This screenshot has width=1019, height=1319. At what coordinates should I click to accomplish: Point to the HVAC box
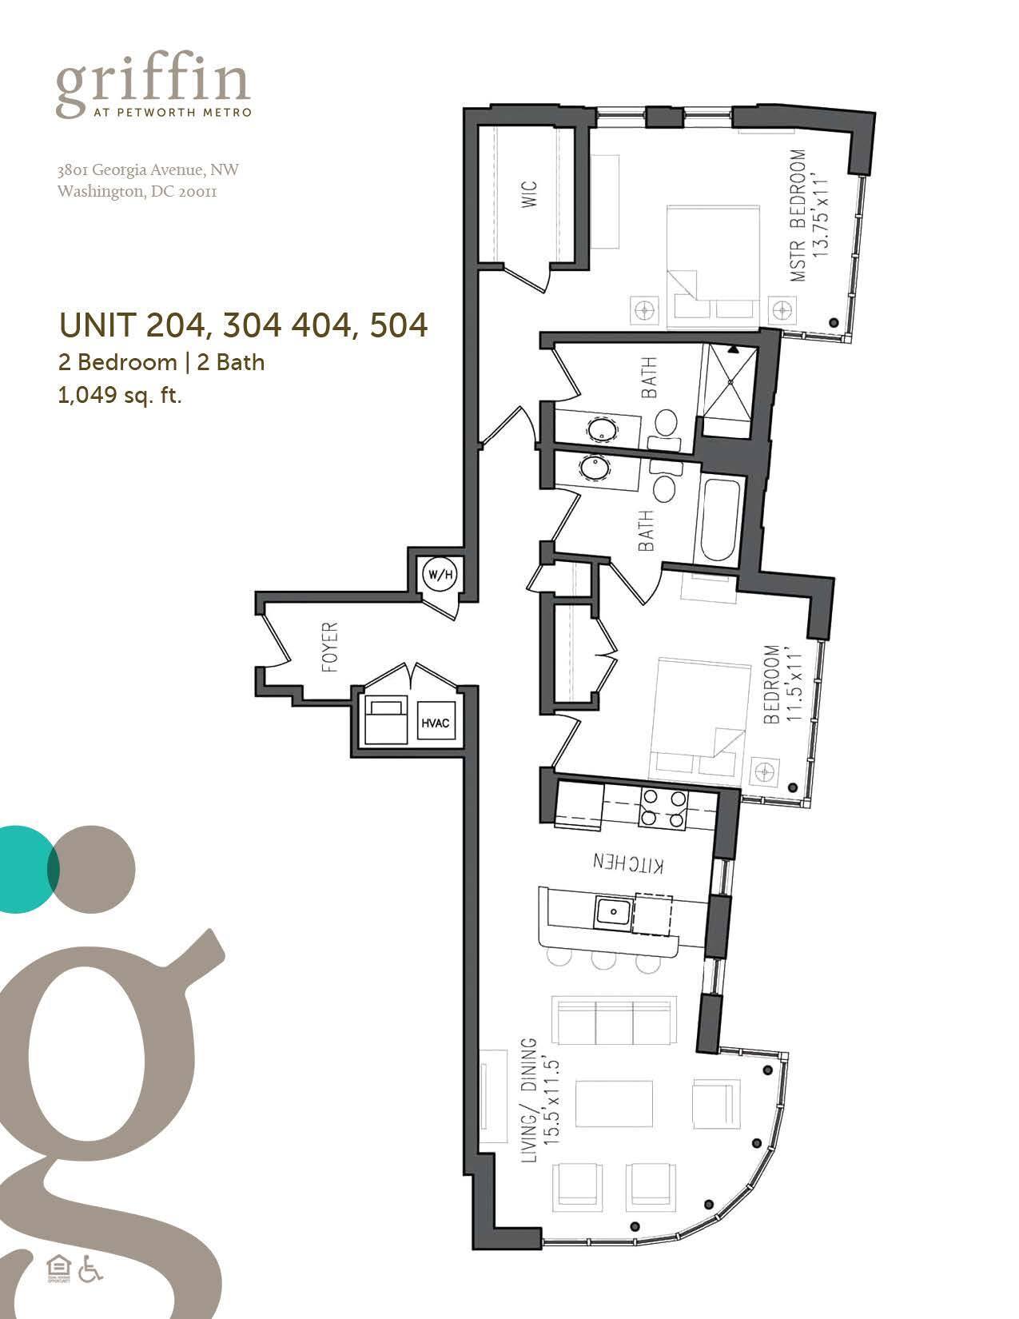(x=436, y=724)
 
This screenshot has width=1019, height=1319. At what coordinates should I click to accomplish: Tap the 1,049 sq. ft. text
(x=120, y=396)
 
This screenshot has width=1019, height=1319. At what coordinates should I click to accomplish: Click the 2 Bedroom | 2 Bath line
(x=161, y=362)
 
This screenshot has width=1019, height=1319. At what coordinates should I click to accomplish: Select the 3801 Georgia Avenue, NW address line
(x=148, y=170)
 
